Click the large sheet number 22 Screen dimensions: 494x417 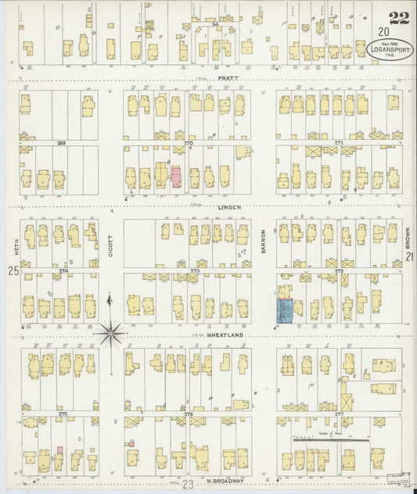tap(394, 15)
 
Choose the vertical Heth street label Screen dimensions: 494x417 tap(14, 234)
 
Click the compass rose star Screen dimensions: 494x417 tap(110, 334)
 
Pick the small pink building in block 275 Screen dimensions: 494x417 tap(59, 453)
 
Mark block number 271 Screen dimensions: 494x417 tap(338, 143)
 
